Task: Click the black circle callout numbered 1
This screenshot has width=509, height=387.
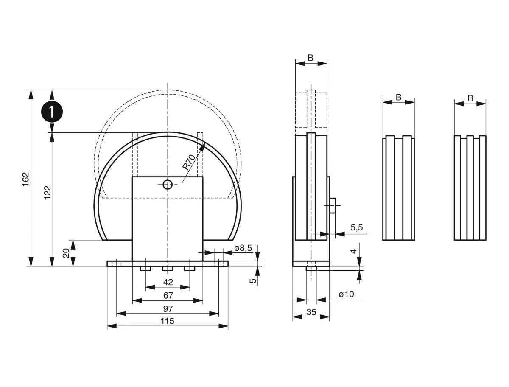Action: coord(52,112)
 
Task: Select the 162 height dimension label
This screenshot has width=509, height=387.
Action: coord(25,180)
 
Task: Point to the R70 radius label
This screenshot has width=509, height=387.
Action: coord(189,163)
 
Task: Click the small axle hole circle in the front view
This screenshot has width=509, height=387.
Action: coord(168,184)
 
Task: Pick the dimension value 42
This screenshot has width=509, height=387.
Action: coord(168,282)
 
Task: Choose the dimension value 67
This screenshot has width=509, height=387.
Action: coord(168,295)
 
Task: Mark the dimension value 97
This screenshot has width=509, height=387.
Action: coord(168,308)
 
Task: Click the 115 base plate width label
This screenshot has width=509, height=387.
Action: coord(168,321)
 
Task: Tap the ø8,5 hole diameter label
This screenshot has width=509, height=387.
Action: coord(243,248)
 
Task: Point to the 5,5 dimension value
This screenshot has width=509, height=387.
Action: coord(356,228)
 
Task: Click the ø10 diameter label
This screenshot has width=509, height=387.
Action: coord(346,294)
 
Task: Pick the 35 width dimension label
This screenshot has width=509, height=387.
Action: coord(311,312)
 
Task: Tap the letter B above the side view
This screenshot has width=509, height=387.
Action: coord(311,58)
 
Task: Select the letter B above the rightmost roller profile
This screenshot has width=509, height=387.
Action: coord(470,98)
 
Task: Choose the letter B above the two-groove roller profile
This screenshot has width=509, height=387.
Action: coord(398,97)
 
